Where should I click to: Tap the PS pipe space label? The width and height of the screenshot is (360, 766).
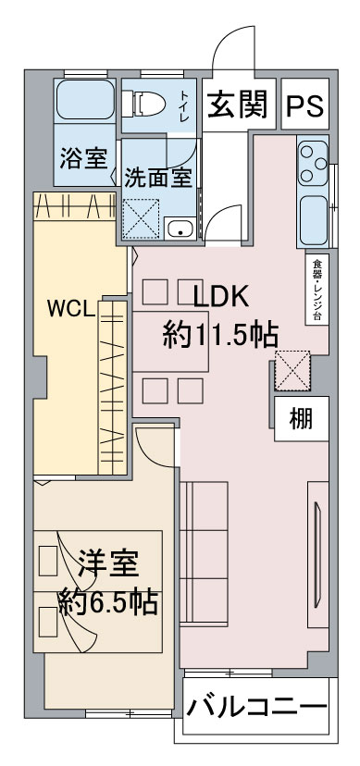[304, 105]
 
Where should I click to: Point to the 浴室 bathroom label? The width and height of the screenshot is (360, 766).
[84, 158]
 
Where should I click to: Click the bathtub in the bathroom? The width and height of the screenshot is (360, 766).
[85, 101]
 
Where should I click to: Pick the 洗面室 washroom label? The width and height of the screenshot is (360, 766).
[157, 178]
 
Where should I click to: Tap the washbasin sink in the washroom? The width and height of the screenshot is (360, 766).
[180, 229]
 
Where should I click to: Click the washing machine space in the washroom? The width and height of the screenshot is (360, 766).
[142, 219]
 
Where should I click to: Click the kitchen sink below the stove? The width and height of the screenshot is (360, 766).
[313, 220]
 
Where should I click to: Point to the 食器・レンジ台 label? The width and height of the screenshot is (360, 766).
[317, 289]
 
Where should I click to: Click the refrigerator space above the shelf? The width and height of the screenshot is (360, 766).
[292, 370]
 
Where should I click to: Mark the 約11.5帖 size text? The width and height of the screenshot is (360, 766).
[220, 335]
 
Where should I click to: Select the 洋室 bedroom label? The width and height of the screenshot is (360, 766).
[108, 564]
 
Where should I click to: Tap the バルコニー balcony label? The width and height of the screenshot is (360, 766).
[257, 707]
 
